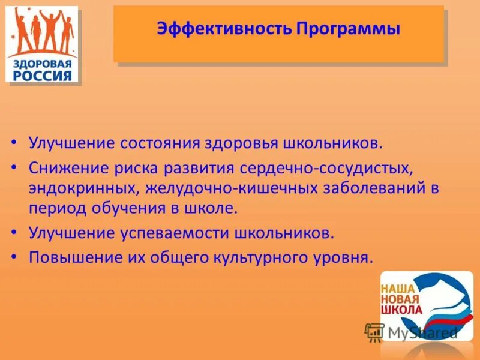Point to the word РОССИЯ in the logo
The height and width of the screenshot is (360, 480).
coord(42,76)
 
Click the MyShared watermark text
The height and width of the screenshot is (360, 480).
coord(422,332)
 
